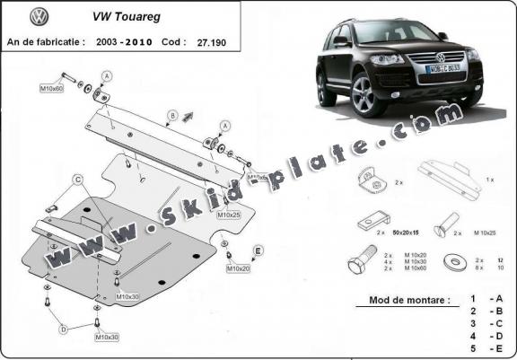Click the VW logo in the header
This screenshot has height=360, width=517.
pyautogui.click(x=38, y=16)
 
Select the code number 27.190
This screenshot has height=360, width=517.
pyautogui.click(x=223, y=41)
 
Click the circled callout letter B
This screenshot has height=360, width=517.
pyautogui.click(x=170, y=114)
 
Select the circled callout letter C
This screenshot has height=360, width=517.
pyautogui.click(x=78, y=180)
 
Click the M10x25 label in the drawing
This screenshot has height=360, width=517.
pyautogui.click(x=229, y=215)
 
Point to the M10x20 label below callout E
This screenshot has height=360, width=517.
pyautogui.click(x=238, y=268)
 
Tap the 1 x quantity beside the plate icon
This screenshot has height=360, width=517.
pyautogui.click(x=489, y=180)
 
